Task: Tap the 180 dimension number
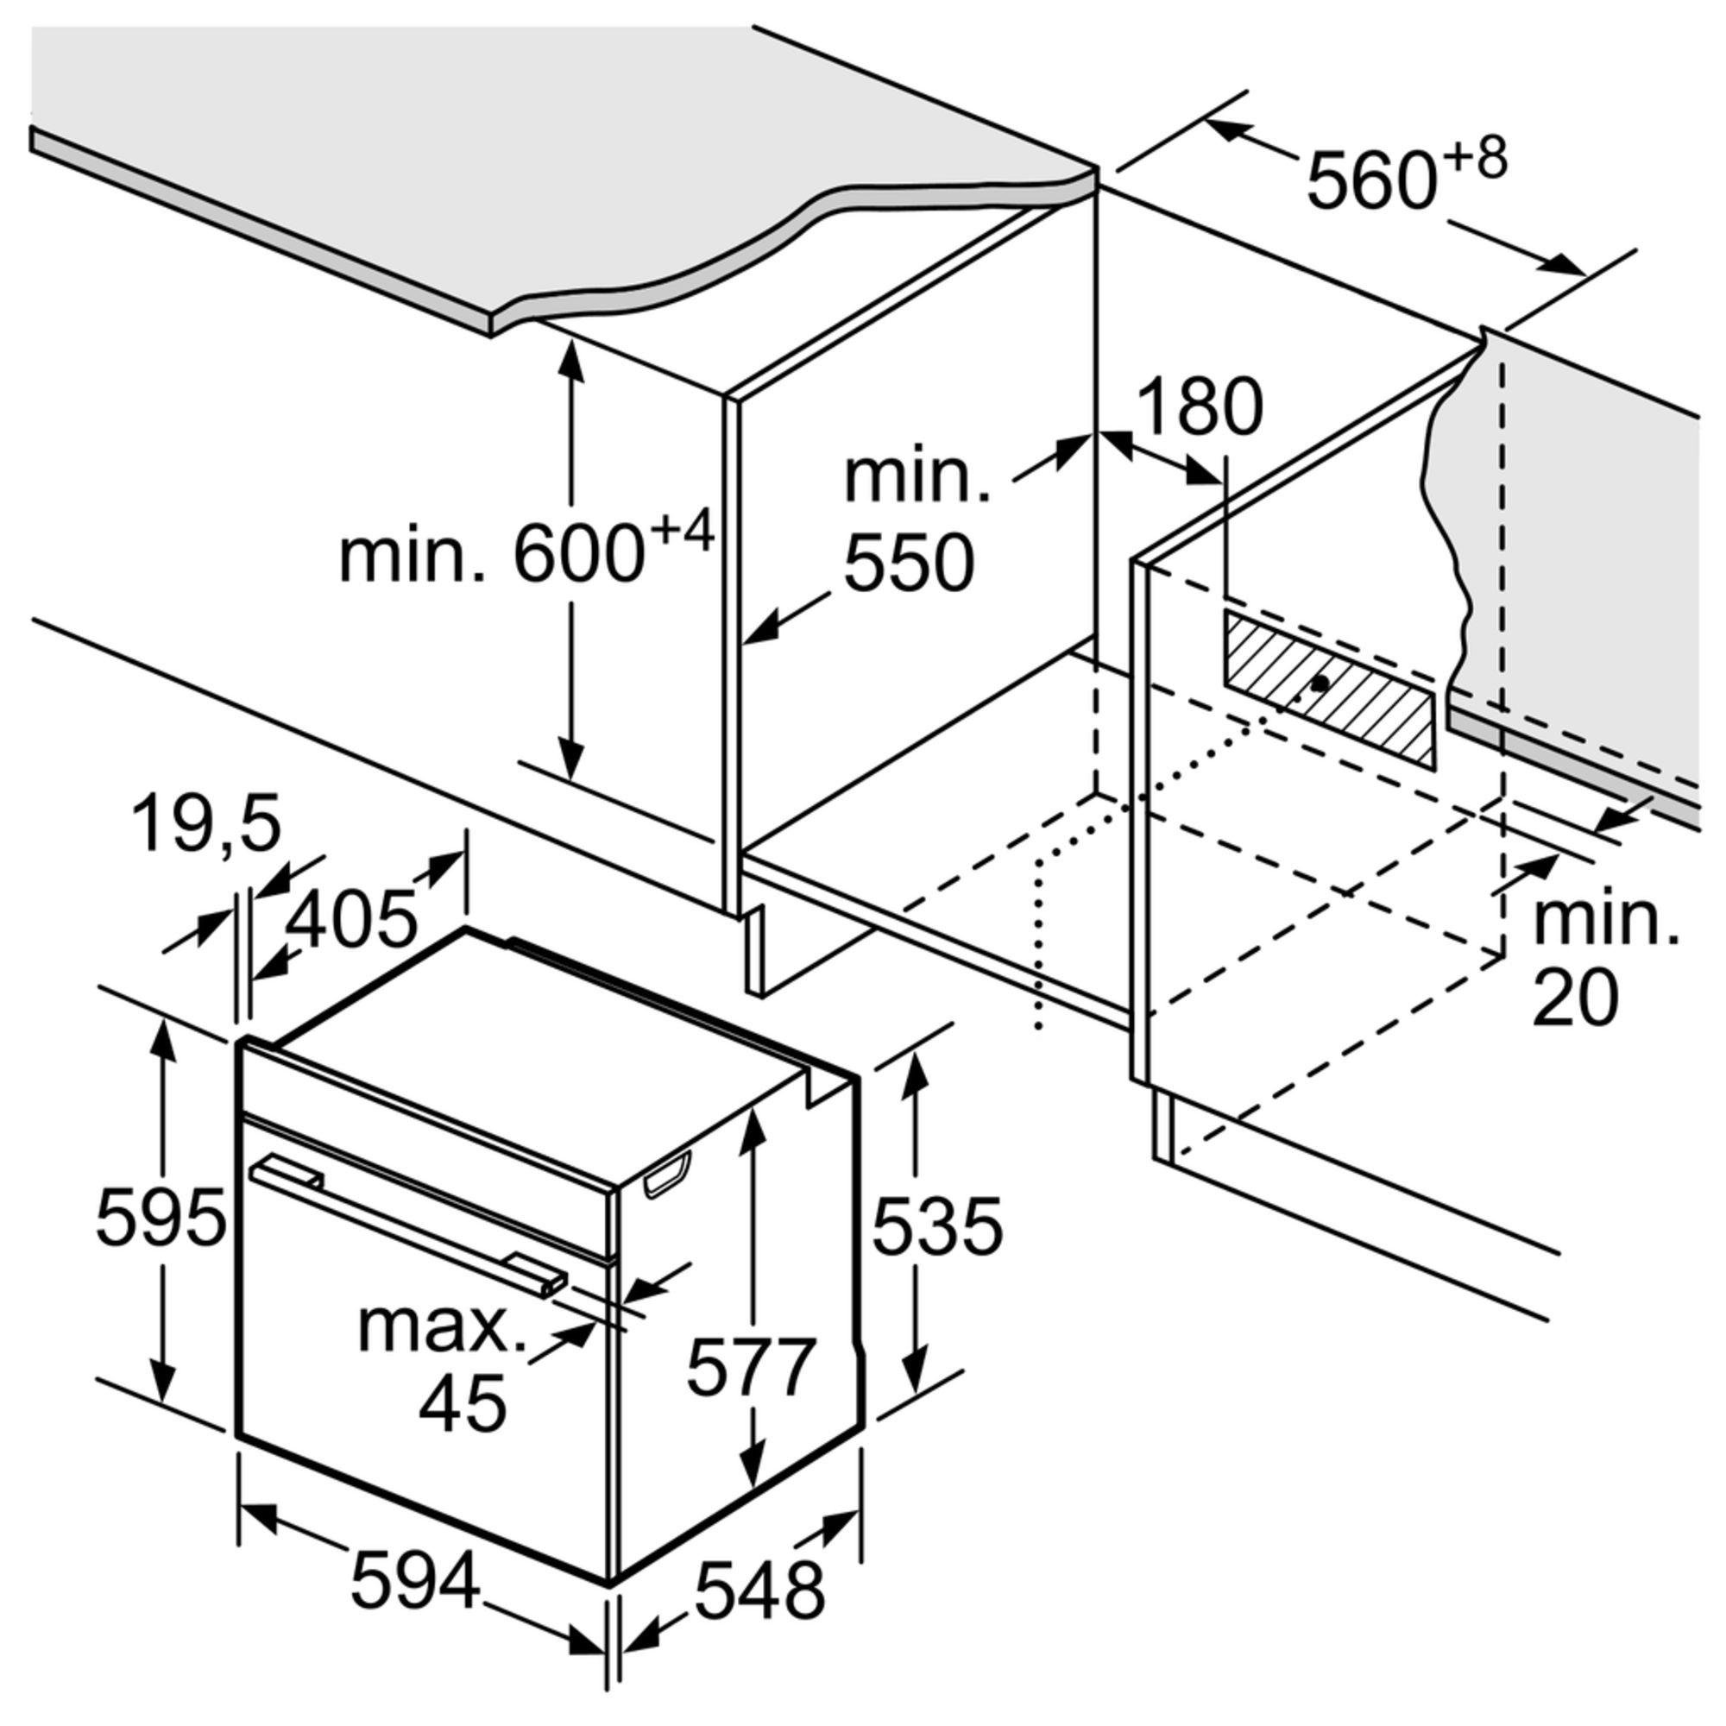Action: click(x=1200, y=407)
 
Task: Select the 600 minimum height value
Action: click(x=579, y=557)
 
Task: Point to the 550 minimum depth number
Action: click(x=909, y=564)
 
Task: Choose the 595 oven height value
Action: click(x=161, y=1218)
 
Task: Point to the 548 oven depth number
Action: click(x=760, y=1591)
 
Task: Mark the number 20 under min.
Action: click(x=1575, y=997)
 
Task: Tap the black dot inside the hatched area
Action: click(x=1320, y=683)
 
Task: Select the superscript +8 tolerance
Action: click(x=1476, y=159)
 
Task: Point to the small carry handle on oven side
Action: click(x=666, y=1174)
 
